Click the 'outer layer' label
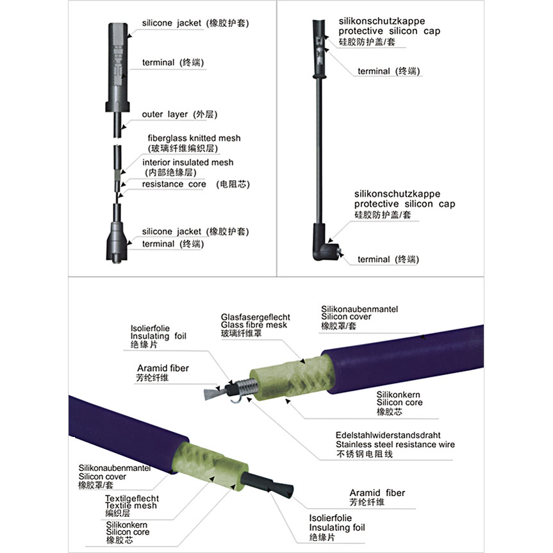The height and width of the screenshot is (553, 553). coord(165,114)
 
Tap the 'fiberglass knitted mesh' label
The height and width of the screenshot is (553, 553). coord(194,138)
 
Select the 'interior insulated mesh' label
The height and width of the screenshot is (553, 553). coord(188,162)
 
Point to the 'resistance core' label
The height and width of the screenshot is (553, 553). coord(174,184)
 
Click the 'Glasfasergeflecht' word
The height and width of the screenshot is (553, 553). coord(255,317)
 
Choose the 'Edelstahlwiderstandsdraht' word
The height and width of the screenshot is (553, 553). coord(388,435)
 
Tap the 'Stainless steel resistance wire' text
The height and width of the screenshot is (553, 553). coord(395,444)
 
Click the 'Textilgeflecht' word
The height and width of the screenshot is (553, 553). coord(132,499)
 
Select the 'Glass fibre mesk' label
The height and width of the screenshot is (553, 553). coord(254,325)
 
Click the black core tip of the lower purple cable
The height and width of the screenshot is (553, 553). coord(267,484)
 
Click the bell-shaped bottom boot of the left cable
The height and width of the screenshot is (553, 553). coord(117,242)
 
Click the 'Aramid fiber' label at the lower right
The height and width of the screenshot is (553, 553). coord(377,493)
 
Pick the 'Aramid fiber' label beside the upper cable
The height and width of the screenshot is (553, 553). coord(163,368)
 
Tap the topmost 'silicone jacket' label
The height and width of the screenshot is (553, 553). coord(172,23)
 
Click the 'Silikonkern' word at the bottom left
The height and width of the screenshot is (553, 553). coord(127,525)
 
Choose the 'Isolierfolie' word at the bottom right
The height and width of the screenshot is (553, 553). coord(331,518)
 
